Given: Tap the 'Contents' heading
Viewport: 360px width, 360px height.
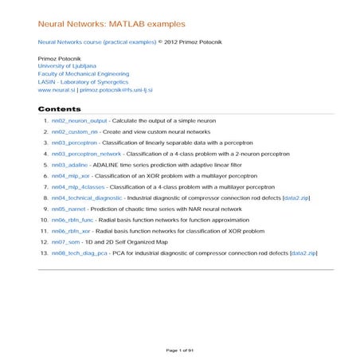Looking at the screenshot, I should click(59, 108).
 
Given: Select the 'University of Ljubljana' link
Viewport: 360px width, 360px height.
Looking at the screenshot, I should click(67, 66).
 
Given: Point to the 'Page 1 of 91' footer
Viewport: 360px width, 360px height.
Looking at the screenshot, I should click(180, 350).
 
